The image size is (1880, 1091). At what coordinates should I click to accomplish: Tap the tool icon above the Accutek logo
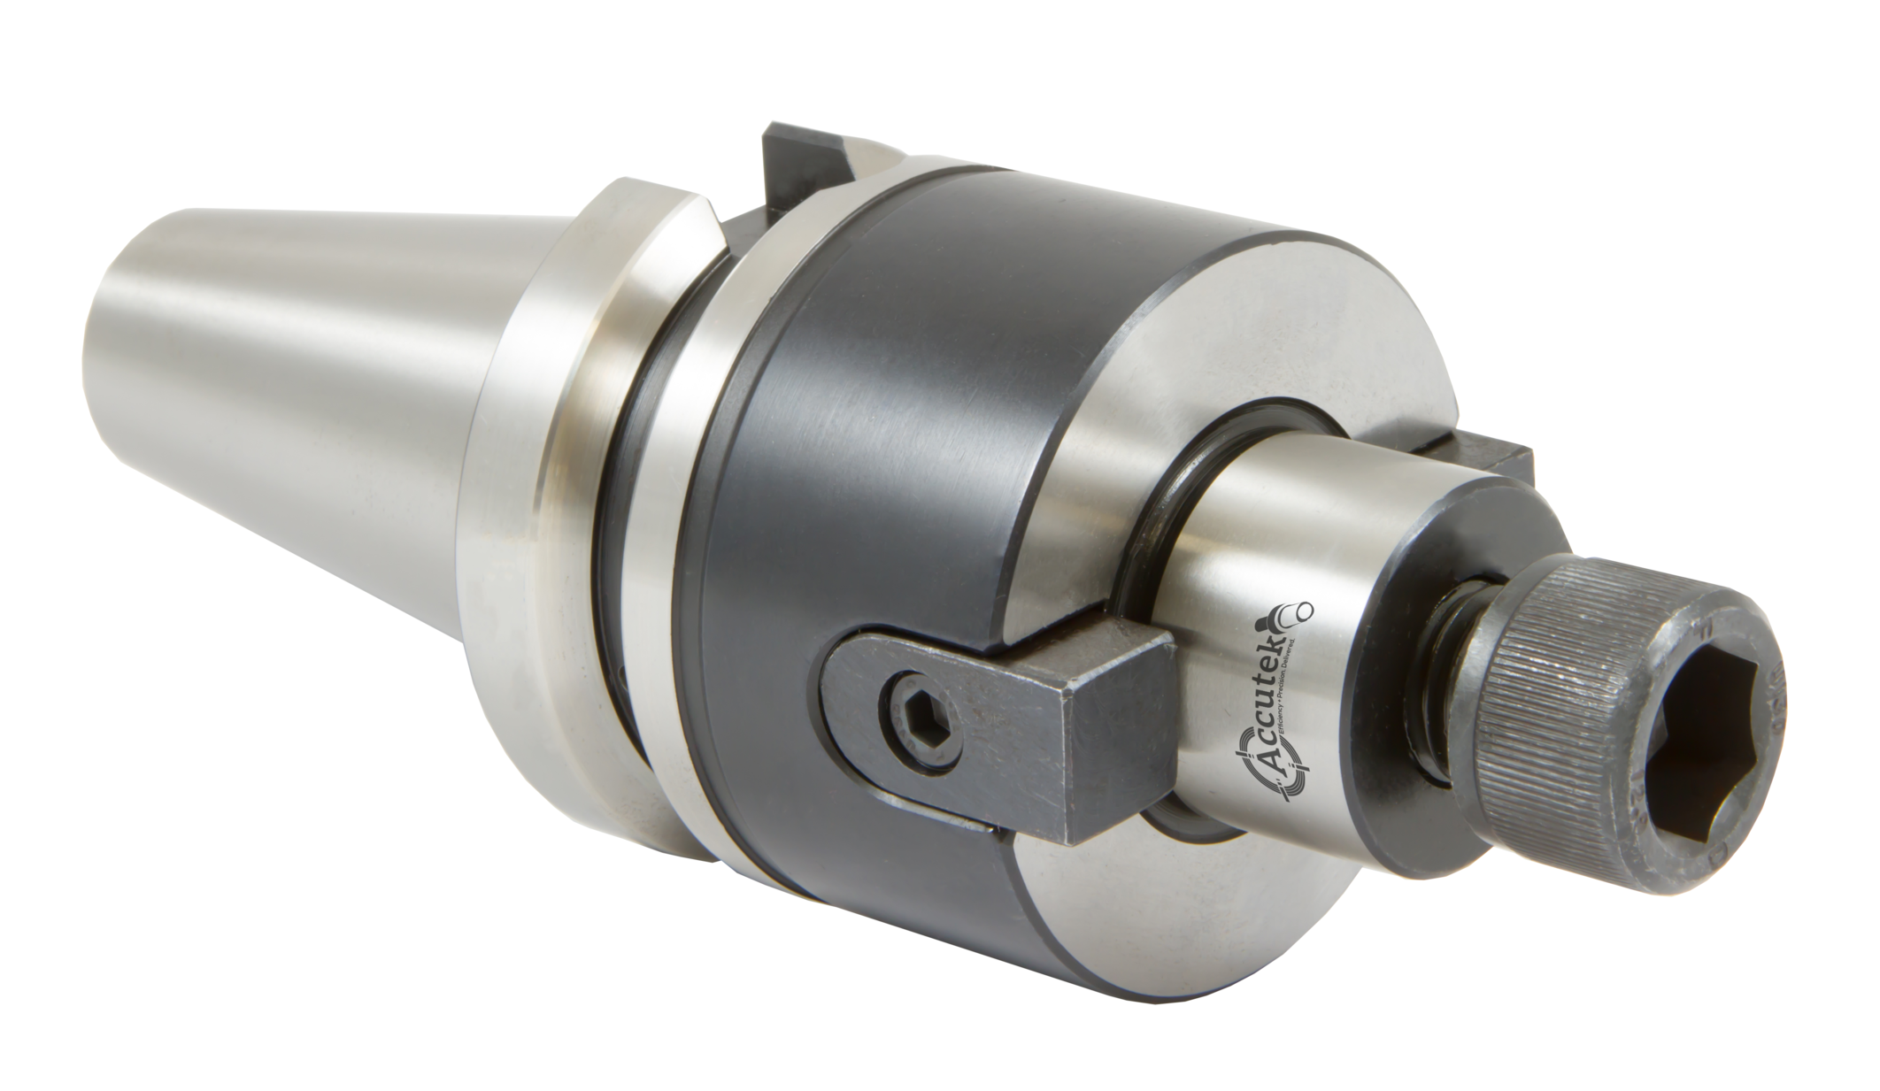pos(1293,611)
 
